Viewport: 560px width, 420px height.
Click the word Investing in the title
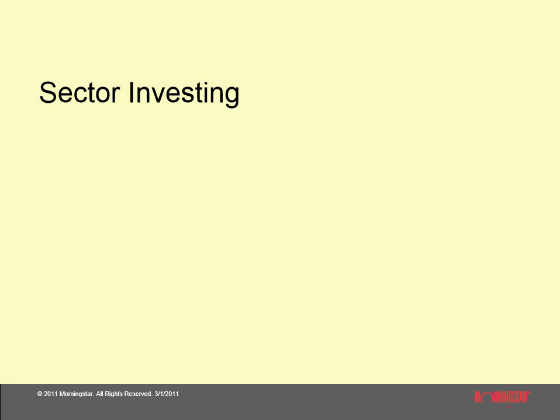tap(184, 93)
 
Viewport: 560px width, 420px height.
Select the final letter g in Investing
tap(231, 96)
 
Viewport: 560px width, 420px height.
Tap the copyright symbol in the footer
tap(40, 394)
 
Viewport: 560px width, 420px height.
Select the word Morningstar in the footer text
tap(77, 394)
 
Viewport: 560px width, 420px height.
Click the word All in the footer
tap(100, 394)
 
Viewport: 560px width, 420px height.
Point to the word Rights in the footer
tap(114, 394)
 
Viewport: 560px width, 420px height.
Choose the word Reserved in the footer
tap(139, 394)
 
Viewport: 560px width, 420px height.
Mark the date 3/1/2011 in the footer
tap(167, 394)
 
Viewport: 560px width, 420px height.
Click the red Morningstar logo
tap(502, 397)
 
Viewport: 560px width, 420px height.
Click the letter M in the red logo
tap(478, 397)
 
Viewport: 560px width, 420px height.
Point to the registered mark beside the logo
tap(529, 393)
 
